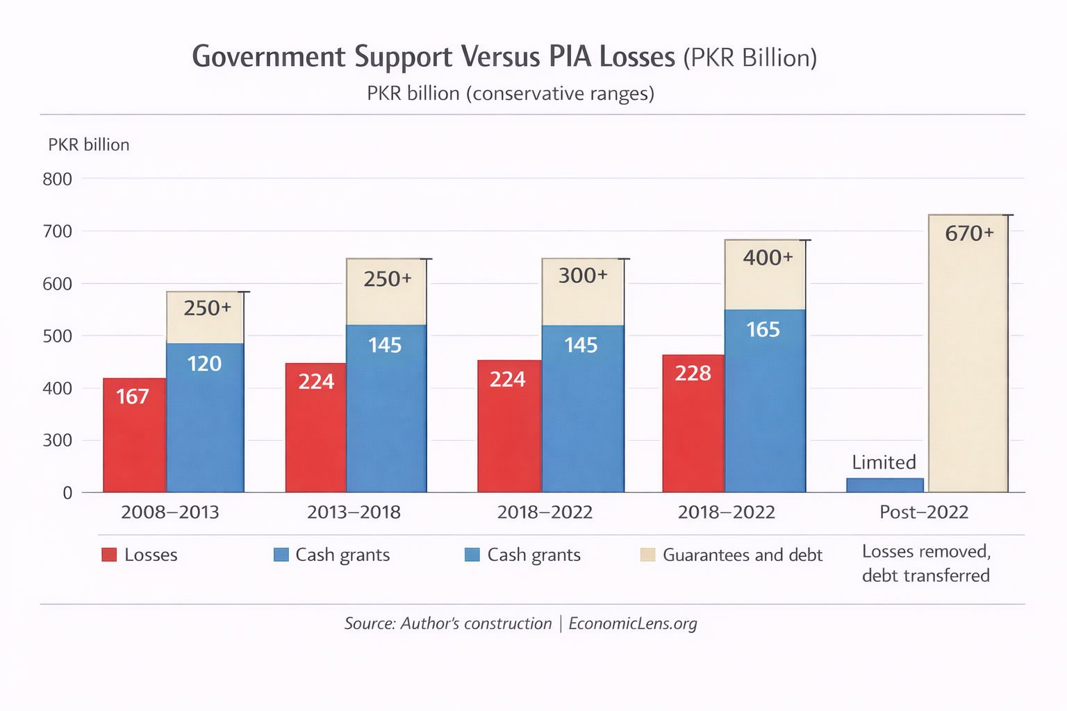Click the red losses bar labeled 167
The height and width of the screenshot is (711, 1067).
tap(134, 437)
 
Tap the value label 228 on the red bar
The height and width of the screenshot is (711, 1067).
tap(693, 374)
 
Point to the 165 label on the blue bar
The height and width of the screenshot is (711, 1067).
tap(763, 330)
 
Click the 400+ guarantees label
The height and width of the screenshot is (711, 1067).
tap(768, 258)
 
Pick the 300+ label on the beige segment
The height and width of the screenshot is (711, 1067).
tap(583, 276)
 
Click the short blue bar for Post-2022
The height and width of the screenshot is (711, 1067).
tap(884, 485)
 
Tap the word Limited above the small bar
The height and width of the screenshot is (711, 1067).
tap(884, 462)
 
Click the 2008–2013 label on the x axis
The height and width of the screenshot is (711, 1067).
tap(169, 512)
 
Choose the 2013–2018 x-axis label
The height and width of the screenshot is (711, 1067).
tap(354, 512)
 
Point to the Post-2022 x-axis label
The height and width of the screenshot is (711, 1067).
tap(923, 512)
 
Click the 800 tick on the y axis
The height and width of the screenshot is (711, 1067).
tap(57, 179)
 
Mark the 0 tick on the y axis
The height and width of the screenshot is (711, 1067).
tap(67, 493)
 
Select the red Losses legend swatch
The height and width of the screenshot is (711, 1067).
tap(109, 555)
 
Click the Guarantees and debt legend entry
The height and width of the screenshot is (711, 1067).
tap(742, 555)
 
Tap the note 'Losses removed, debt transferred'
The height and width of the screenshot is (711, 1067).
tap(925, 563)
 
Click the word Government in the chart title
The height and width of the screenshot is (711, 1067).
tap(268, 57)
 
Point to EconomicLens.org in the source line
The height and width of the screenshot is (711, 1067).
tap(632, 624)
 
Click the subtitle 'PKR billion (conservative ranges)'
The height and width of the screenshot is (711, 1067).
tap(511, 94)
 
